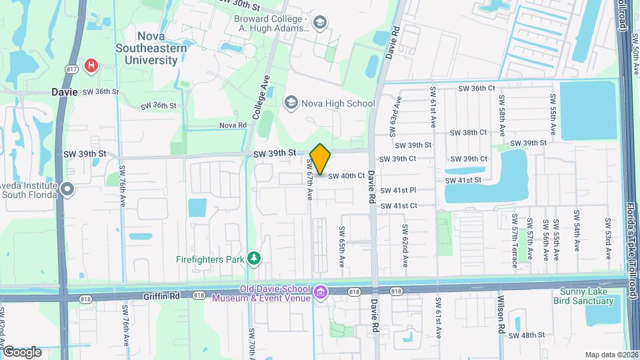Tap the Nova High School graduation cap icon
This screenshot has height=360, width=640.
(291, 103)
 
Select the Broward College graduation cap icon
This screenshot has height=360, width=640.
(320, 23)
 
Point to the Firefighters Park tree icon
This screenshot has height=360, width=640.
(253, 259)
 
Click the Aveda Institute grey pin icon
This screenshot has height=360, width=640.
(67, 190)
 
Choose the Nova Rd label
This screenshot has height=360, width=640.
(233, 125)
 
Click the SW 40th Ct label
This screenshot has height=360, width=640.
(347, 176)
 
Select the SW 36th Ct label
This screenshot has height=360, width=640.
(475, 88)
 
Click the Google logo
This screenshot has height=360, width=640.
(21, 351)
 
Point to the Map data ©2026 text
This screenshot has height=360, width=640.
(611, 355)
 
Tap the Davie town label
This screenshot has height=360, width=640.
(65, 92)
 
